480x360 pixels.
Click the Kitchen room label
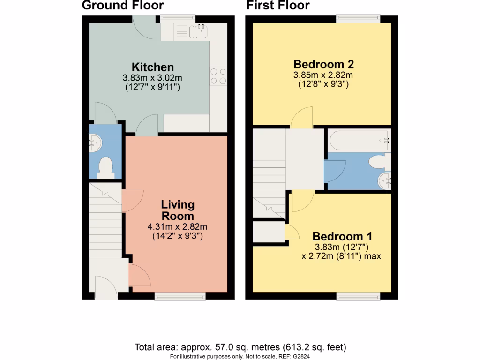[x=152, y=67]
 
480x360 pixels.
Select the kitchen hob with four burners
[x=218, y=76]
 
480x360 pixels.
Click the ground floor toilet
[x=105, y=168]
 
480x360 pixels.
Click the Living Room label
[x=177, y=210]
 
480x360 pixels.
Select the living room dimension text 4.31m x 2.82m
[x=177, y=227]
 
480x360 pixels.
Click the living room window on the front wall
[x=180, y=295]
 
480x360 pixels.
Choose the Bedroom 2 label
[x=323, y=64]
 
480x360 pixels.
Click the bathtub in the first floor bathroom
[x=358, y=139]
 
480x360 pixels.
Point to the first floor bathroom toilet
[x=379, y=162]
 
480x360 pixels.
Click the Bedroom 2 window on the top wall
[x=358, y=19]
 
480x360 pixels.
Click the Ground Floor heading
[x=123, y=6]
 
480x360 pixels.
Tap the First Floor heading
[x=278, y=6]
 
